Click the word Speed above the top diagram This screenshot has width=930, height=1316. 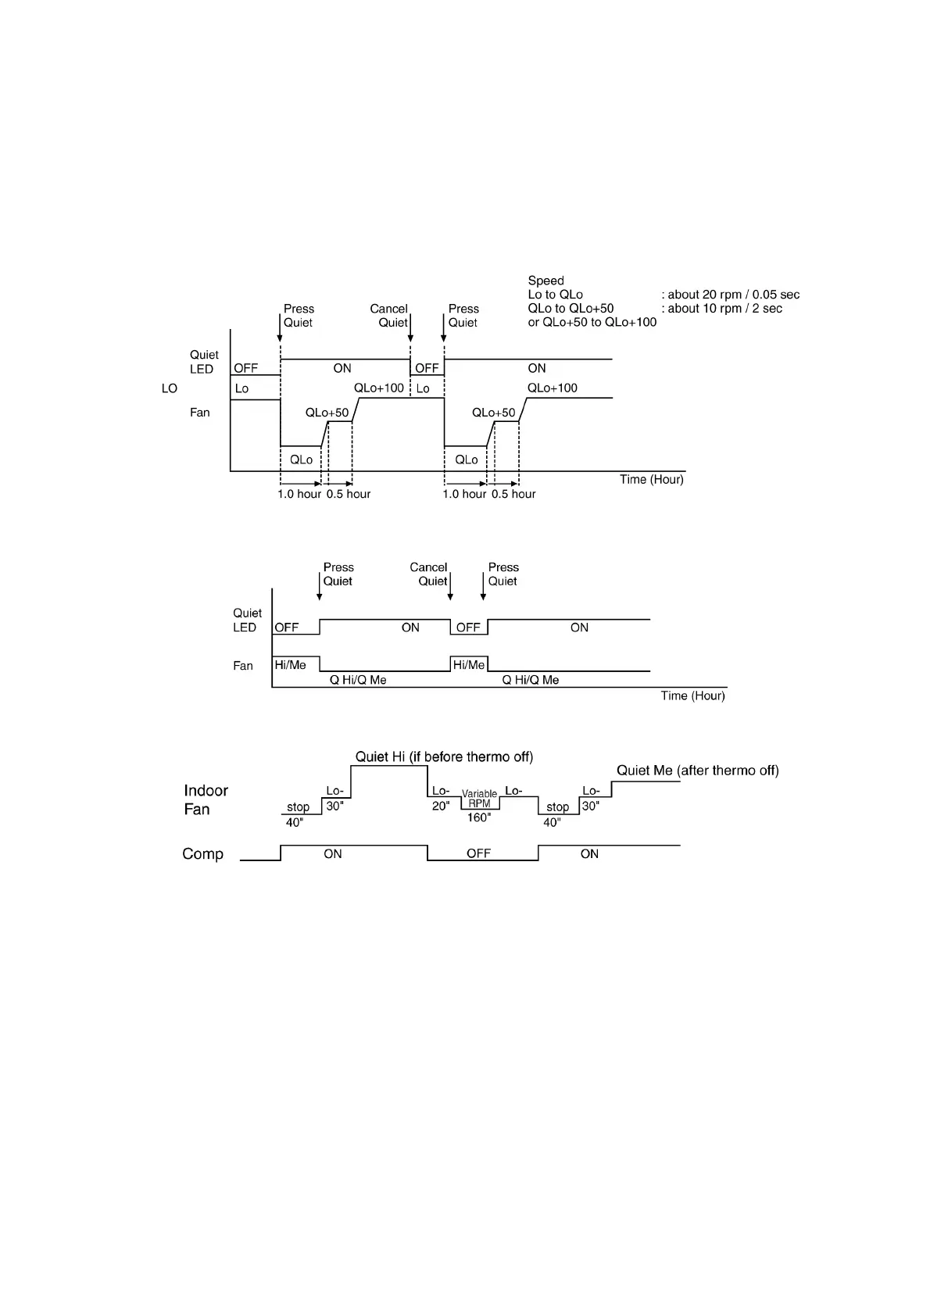[x=545, y=281]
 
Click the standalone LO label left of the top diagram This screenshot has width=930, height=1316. [x=170, y=388]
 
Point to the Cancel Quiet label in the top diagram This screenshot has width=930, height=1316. [x=389, y=316]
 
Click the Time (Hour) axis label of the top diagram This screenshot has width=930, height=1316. [x=651, y=479]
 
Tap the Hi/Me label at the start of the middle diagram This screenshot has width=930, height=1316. [x=291, y=665]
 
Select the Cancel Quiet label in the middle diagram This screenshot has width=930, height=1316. [x=429, y=574]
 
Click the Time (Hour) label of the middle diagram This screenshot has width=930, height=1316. [x=692, y=696]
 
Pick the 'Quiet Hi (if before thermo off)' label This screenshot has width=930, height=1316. [x=444, y=756]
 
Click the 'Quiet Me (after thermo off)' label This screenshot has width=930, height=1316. [x=697, y=771]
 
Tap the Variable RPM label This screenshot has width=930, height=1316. [x=479, y=799]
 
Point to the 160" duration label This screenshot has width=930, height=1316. [x=479, y=817]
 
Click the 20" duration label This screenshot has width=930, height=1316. [x=441, y=806]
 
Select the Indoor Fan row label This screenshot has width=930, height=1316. [x=206, y=799]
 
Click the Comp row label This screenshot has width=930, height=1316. [x=202, y=853]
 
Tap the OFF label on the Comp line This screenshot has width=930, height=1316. [x=478, y=853]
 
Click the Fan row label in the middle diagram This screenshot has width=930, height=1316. [x=243, y=666]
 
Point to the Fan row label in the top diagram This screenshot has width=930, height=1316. [x=200, y=413]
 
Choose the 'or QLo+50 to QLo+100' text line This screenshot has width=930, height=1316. [x=592, y=323]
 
